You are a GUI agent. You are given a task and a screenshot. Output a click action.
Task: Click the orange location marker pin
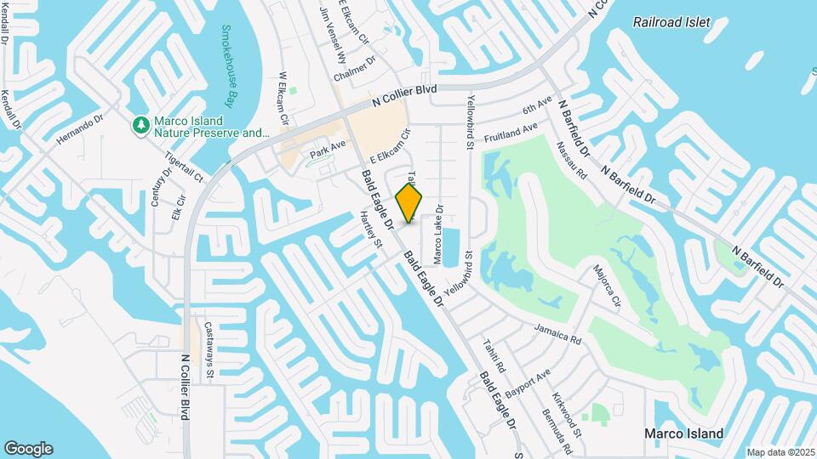[409, 202]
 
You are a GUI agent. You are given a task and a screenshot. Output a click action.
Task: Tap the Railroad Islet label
[671, 22]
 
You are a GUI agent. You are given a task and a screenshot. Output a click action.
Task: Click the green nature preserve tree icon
[140, 126]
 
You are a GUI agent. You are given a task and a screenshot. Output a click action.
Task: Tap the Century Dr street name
[156, 185]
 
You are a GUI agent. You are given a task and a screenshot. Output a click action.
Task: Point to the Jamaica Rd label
[557, 333]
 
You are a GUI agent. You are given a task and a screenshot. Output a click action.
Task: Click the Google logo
[28, 449]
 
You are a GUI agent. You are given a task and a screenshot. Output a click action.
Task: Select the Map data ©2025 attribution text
[779, 452]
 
